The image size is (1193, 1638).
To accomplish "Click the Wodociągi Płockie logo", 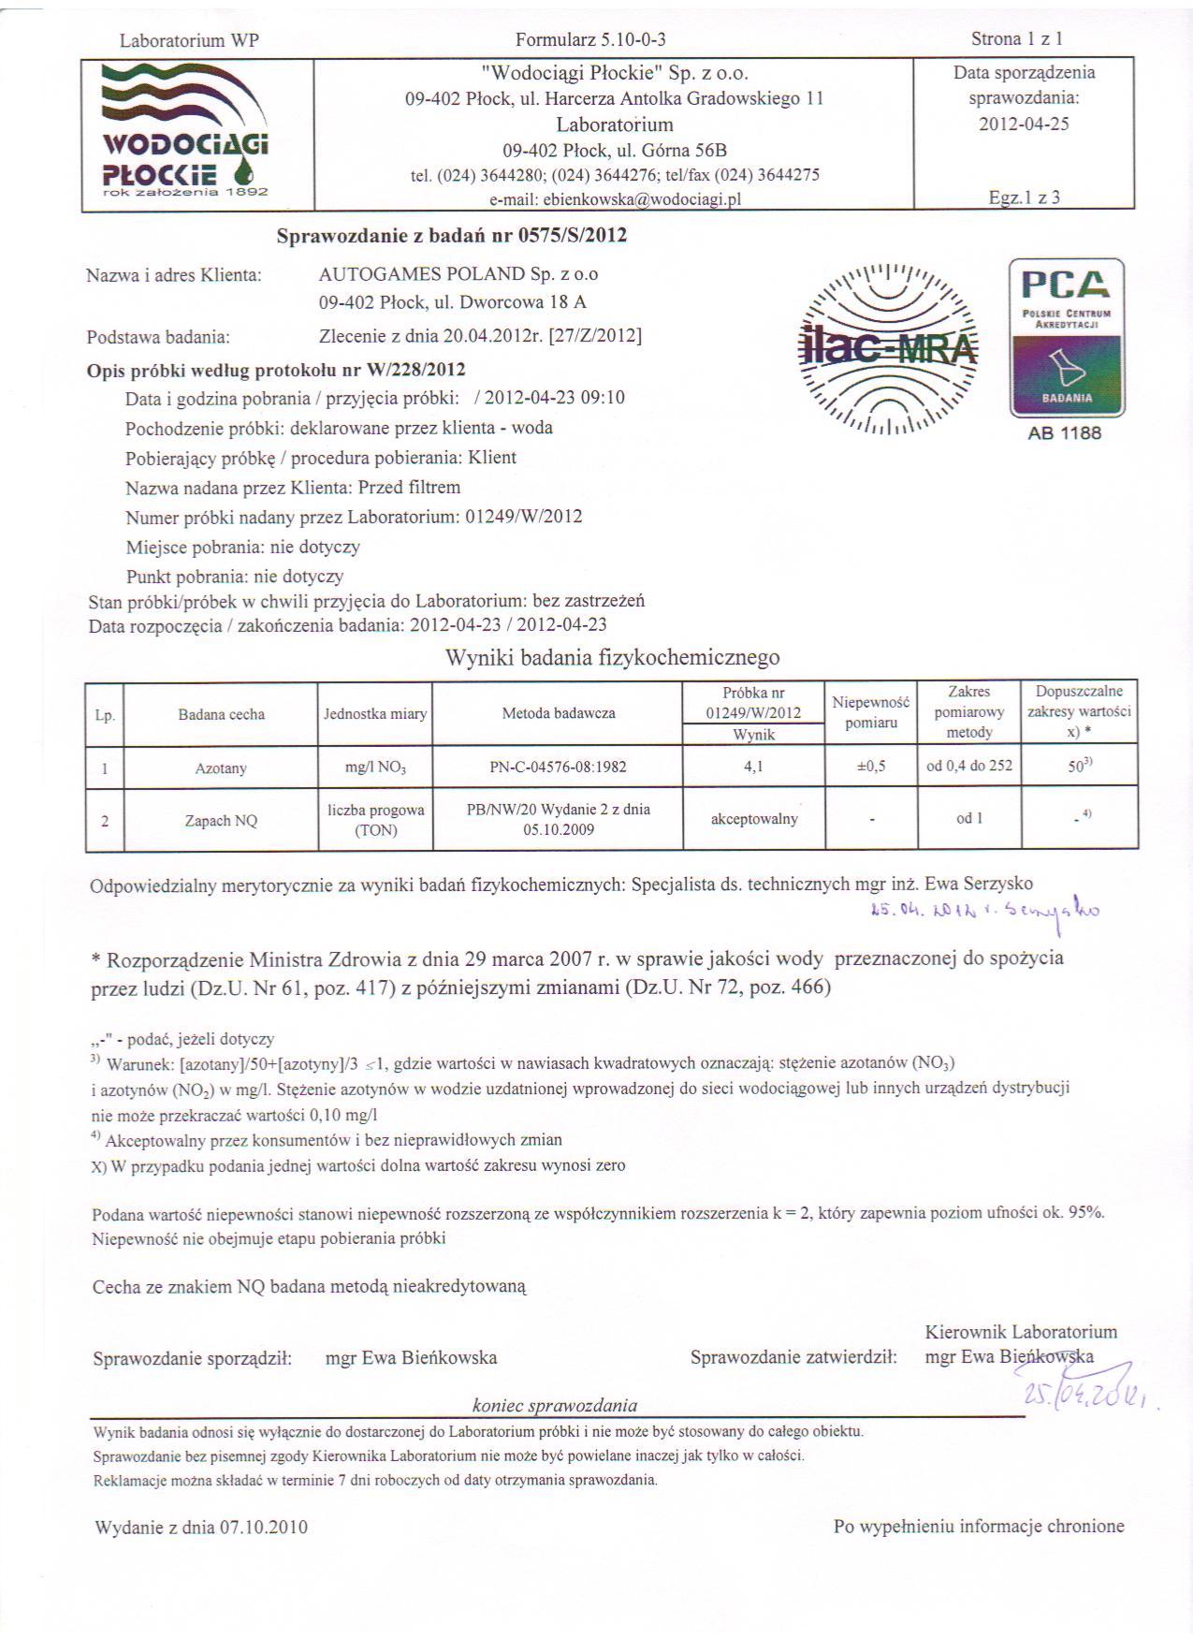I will tap(185, 131).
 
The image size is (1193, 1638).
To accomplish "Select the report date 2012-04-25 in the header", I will tap(1024, 124).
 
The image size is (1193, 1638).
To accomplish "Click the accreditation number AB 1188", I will tap(1065, 433).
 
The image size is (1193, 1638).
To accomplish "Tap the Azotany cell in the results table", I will tap(221, 768).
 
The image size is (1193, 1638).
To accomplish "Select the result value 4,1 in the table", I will tap(753, 767).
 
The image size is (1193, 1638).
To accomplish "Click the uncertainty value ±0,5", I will tap(871, 767).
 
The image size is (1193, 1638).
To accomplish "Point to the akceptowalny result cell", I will tap(754, 819).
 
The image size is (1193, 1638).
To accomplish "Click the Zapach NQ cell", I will tap(221, 821).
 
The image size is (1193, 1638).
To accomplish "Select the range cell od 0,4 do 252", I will tap(969, 767).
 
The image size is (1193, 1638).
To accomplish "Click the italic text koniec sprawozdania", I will tap(555, 1405).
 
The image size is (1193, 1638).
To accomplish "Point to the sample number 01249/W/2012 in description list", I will tap(524, 517).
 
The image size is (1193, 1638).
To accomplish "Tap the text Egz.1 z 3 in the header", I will tap(1024, 197).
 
